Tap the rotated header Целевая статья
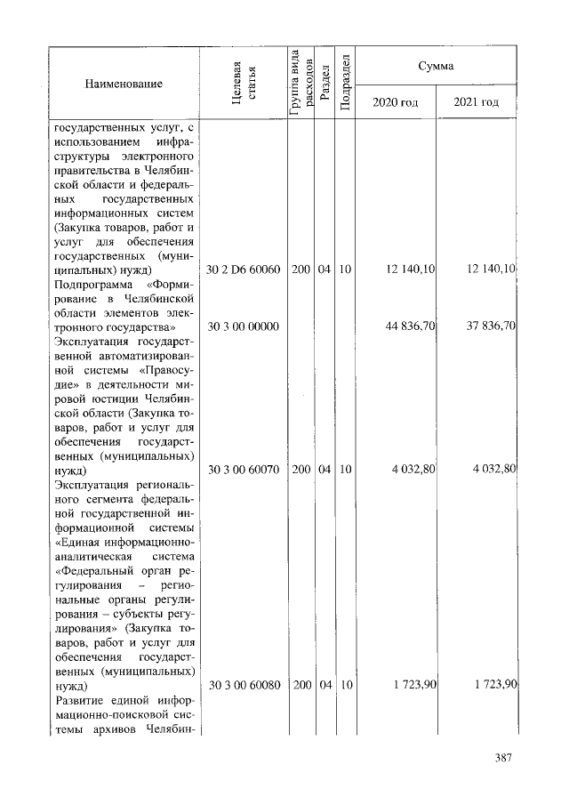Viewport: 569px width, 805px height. tap(243, 83)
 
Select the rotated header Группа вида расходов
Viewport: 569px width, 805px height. tap(301, 83)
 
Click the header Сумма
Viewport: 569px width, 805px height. tap(437, 67)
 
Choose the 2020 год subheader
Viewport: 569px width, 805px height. tap(395, 102)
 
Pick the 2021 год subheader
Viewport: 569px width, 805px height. tap(476, 102)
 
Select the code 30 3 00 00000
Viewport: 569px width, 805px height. tap(243, 327)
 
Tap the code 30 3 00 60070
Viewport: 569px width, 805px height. tap(243, 469)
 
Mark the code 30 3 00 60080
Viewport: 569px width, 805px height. tap(243, 685)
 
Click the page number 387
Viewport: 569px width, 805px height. tap(505, 759)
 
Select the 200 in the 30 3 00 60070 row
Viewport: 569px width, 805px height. tap(301, 469)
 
